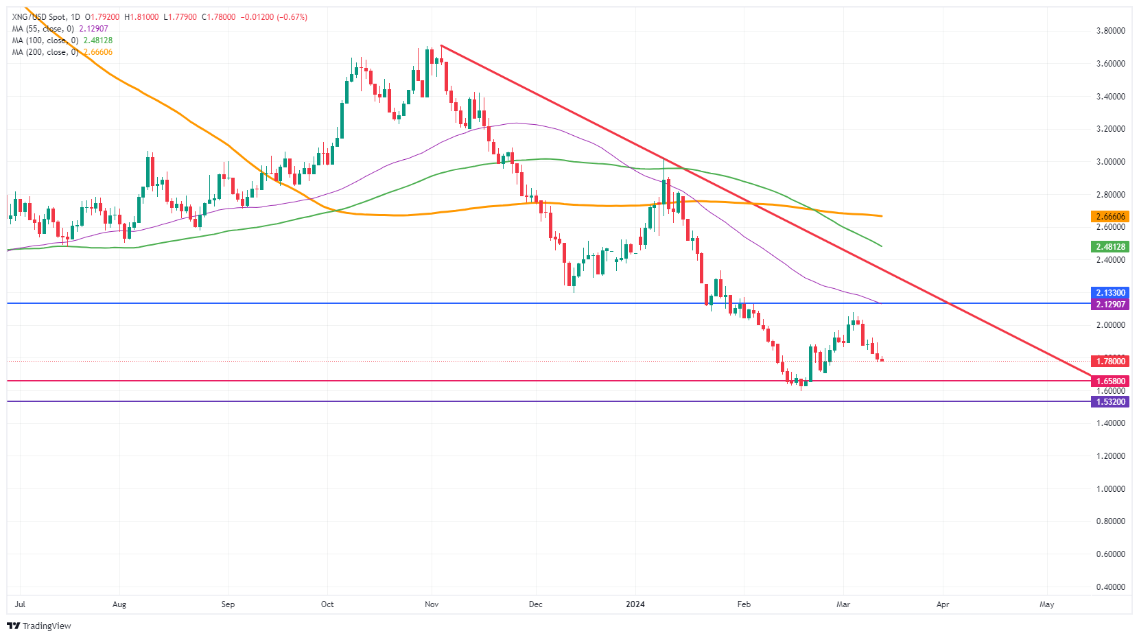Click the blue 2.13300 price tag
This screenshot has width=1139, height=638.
point(1109,293)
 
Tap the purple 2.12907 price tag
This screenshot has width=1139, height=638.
point(1109,305)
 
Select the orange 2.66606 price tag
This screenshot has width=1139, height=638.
point(1109,217)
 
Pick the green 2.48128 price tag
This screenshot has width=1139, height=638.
point(1109,247)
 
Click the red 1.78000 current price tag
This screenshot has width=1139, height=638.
point(1109,362)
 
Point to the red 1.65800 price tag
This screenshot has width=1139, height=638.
point(1109,381)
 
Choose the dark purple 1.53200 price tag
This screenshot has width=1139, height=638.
point(1109,402)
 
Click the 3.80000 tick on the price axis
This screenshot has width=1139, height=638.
point(1110,31)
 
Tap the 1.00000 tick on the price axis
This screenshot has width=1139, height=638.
point(1110,489)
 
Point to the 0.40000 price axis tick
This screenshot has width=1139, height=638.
point(1110,587)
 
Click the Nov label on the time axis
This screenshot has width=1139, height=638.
point(432,604)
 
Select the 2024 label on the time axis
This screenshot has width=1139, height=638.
point(635,604)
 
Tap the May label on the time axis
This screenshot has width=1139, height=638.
point(1046,604)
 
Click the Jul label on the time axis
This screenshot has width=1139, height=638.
point(20,604)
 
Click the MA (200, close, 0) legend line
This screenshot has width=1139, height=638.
point(62,52)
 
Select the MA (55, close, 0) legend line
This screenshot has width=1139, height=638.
point(60,29)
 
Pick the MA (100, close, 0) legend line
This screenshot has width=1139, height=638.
point(62,40)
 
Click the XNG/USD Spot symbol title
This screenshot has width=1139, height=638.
point(45,17)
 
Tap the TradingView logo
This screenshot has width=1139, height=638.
point(39,626)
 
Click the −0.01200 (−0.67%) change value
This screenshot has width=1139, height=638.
point(273,17)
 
